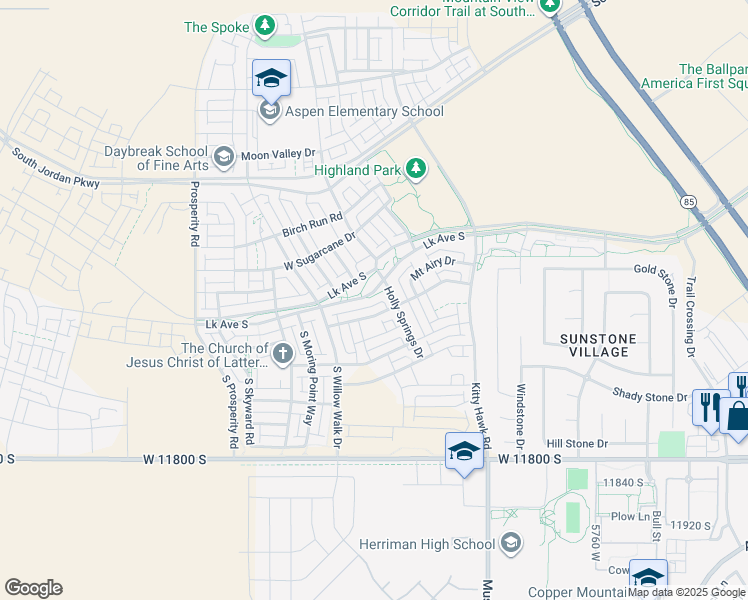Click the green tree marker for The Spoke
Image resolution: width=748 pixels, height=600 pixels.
pos(265,25)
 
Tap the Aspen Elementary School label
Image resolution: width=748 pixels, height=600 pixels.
pos(365,111)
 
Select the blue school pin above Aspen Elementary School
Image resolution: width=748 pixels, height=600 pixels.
pos(271,77)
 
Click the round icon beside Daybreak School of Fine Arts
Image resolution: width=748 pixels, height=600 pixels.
pos(225,155)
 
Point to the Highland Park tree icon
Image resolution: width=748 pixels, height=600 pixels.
pos(416,170)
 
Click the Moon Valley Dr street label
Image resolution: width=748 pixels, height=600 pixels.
pos(278,154)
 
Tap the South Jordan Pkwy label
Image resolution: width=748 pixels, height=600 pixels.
pos(57,169)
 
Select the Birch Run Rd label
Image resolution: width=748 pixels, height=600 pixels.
pos(312,223)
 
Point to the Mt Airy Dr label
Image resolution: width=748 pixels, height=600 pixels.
pos(433,268)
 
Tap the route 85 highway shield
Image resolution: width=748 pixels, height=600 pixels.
pos(688,201)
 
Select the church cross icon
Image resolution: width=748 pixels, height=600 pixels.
pos(282,352)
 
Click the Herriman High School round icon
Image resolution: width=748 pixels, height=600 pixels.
pos(511,543)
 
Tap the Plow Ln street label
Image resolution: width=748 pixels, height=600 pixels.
pos(631,516)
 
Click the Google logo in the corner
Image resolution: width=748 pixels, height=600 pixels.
pos(33,588)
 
